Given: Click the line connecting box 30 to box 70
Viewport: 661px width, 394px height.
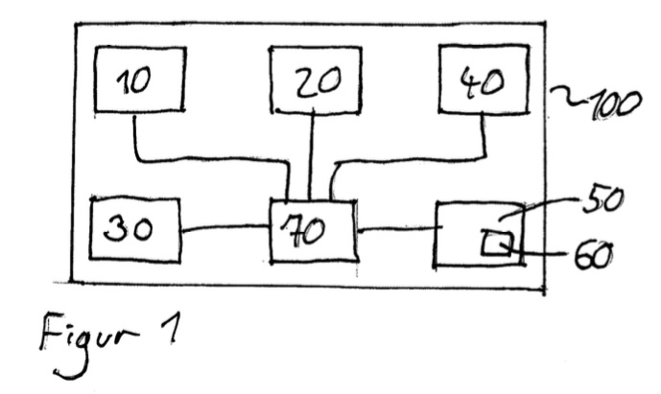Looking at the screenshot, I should (224, 228).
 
